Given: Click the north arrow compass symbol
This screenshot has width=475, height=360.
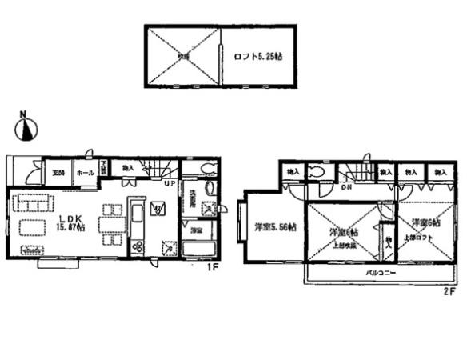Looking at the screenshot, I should (27, 128).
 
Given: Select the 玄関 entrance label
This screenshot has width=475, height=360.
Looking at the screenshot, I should (58, 173).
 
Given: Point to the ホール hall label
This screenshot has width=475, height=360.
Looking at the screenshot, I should (85, 173).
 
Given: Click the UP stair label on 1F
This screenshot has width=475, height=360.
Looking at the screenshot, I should (169, 184).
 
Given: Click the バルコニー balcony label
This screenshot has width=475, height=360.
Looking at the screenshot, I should (380, 273).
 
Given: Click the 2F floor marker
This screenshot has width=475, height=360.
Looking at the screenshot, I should (449, 291).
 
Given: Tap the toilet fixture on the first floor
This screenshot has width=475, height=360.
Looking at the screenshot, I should (207, 169).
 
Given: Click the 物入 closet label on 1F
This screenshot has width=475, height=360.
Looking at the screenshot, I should (128, 169).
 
